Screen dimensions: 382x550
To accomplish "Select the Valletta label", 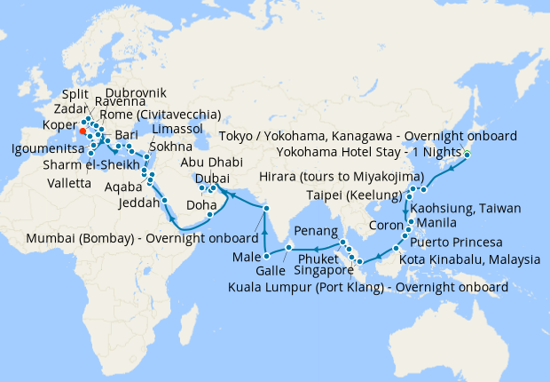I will [67, 182].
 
